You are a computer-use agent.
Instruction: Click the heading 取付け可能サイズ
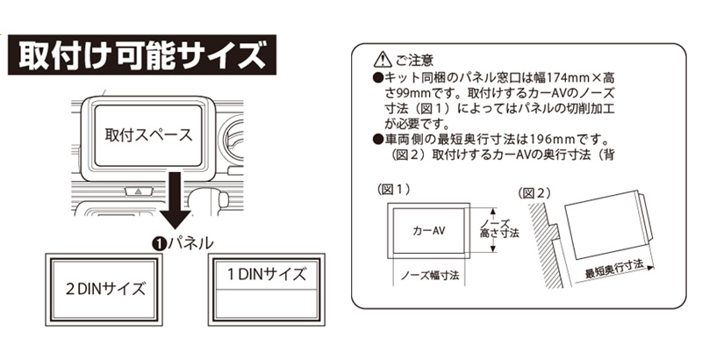(142, 55)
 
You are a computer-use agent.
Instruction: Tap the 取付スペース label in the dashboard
(148, 134)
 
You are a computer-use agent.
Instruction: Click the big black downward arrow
(175, 200)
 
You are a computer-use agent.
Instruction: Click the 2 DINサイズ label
(105, 289)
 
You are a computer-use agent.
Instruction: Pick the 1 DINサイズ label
(267, 274)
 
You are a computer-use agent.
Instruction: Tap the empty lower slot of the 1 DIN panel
(267, 303)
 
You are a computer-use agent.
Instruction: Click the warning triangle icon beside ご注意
(382, 59)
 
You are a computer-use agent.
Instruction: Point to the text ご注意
(414, 60)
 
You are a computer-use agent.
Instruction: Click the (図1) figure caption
(394, 190)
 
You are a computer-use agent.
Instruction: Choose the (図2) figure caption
(534, 193)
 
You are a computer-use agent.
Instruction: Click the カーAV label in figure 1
(428, 231)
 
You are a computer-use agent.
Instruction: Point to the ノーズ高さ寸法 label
(499, 228)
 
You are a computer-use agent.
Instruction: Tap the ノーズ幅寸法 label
(430, 275)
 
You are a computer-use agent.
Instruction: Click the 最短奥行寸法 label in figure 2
(613, 269)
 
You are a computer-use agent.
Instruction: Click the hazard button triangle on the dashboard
(139, 191)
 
